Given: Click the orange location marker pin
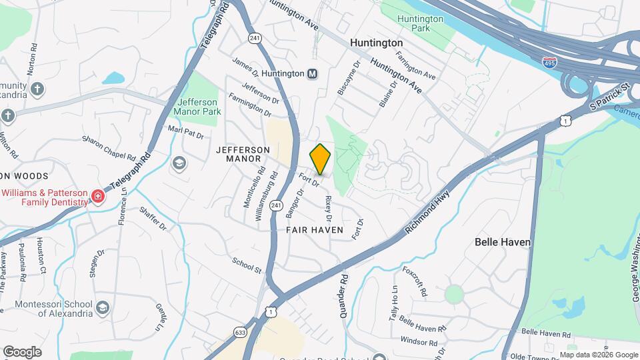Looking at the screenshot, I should [320, 159].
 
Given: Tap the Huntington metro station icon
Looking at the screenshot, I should [312, 73].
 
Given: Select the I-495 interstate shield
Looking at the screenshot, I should [549, 62].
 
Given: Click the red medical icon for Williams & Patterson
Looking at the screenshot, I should [98, 196].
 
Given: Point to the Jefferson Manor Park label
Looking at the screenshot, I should [197, 107].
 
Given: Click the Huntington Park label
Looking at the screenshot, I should [420, 24].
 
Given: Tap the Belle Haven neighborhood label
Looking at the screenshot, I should [502, 242].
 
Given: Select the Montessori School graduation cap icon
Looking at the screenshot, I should [102, 307].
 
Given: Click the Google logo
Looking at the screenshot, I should [22, 352].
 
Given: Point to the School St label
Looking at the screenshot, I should [247, 265].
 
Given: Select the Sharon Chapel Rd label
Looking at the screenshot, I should [109, 148].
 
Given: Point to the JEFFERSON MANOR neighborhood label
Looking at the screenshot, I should [243, 155].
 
